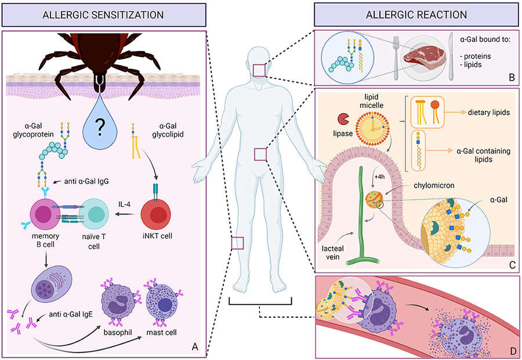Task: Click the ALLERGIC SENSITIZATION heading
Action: click(104, 14)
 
